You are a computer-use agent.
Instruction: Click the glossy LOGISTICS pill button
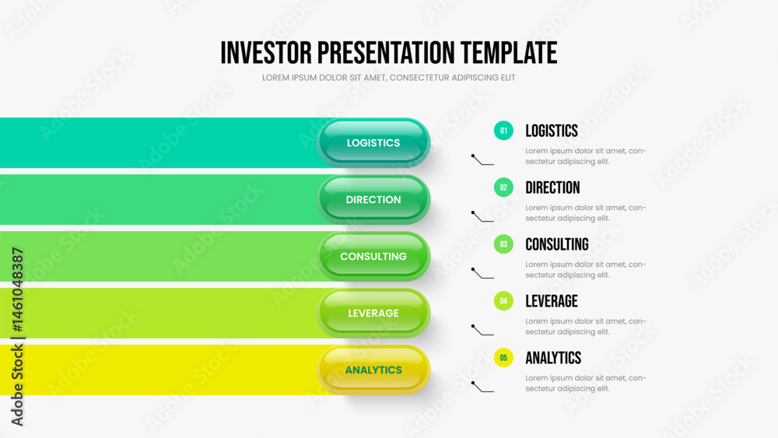[373, 143]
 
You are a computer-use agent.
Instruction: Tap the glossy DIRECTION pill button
[373, 199]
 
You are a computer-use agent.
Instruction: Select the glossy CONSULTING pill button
[373, 257]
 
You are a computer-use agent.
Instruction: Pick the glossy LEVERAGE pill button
[373, 313]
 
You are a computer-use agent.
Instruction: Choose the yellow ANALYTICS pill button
[373, 370]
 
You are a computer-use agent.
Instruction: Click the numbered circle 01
[503, 131]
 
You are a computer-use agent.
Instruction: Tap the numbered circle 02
[503, 187]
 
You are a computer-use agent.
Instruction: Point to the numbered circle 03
[503, 244]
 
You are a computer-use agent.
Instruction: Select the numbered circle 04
[503, 301]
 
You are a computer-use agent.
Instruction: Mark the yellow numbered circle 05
[503, 358]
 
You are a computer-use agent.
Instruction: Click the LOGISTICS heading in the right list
[552, 131]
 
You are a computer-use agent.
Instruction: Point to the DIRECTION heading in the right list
[552, 187]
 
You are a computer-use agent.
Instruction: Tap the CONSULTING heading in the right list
[557, 244]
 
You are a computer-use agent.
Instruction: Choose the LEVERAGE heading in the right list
[552, 301]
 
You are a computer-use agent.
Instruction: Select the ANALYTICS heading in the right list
[553, 358]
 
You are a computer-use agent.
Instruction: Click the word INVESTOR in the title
[266, 53]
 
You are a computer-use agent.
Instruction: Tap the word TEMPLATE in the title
[509, 53]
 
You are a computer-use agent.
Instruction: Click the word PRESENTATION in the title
[386, 53]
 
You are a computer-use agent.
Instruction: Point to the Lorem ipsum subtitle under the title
[389, 78]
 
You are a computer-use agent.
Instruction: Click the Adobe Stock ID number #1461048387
[18, 290]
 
